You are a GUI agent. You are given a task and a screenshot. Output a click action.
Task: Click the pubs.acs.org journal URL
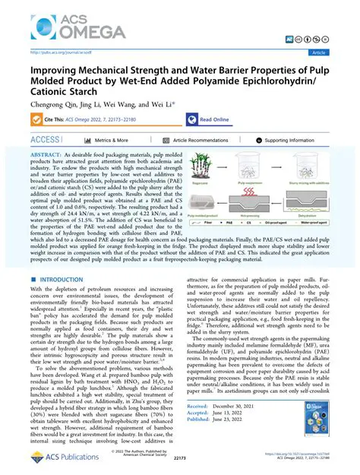pyautogui.click(x=57, y=53)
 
